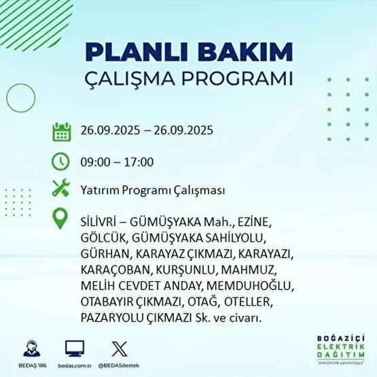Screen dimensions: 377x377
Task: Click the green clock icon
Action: point(62,161)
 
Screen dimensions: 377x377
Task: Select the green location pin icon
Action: point(62,219)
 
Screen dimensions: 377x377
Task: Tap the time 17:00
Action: point(140,162)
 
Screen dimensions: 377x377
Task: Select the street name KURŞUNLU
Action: point(174,269)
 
